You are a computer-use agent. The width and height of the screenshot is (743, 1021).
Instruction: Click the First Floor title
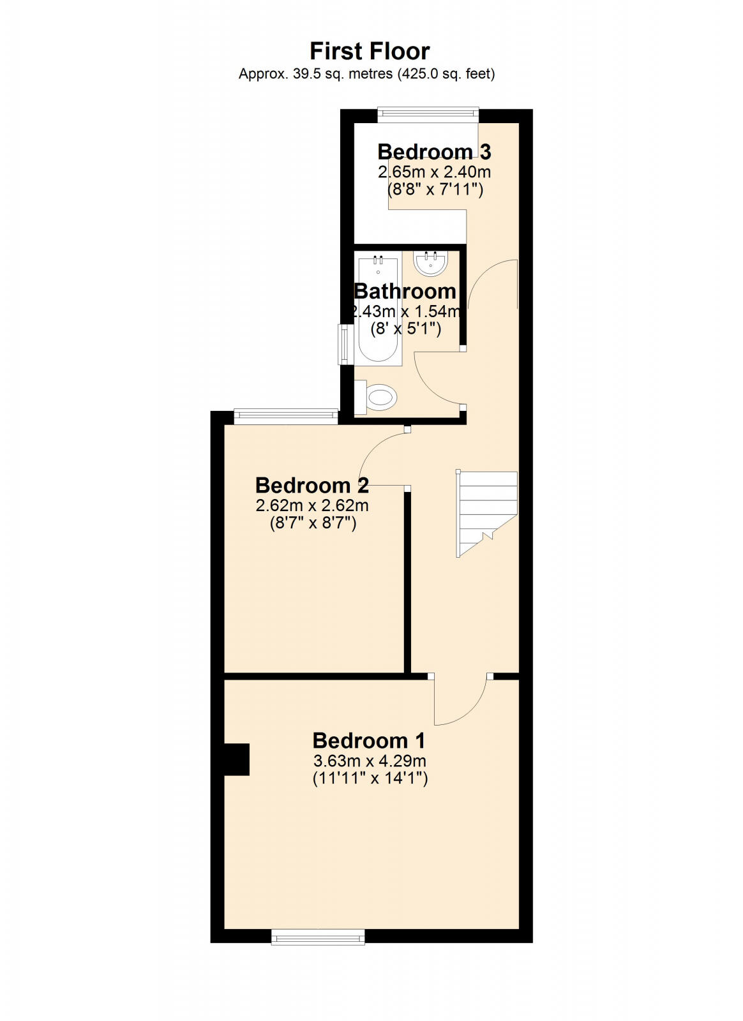[370, 51]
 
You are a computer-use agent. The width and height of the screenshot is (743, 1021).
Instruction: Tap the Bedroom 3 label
[434, 152]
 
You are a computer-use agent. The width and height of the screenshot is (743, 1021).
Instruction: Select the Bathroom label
[405, 292]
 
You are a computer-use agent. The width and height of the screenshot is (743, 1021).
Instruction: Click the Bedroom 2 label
[311, 485]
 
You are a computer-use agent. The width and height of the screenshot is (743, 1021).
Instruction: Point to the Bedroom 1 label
[369, 740]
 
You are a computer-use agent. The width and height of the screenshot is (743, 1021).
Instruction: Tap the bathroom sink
[430, 263]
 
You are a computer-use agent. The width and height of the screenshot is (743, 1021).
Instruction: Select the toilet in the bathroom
[378, 397]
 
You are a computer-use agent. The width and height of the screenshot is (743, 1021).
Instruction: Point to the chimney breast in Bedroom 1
[236, 759]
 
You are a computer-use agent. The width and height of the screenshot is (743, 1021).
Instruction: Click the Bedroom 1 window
[318, 936]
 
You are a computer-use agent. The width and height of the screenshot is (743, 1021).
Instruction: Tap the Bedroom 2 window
[285, 417]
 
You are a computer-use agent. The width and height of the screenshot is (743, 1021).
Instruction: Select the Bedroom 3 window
[428, 115]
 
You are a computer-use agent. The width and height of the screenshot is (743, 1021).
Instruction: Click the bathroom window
[344, 345]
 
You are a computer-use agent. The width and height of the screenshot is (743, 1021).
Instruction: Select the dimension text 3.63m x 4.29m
[370, 761]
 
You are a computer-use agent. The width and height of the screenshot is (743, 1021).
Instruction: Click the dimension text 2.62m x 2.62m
[311, 505]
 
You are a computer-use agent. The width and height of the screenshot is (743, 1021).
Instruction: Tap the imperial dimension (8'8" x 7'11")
[434, 190]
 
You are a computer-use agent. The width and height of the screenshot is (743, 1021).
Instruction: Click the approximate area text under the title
[366, 74]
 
